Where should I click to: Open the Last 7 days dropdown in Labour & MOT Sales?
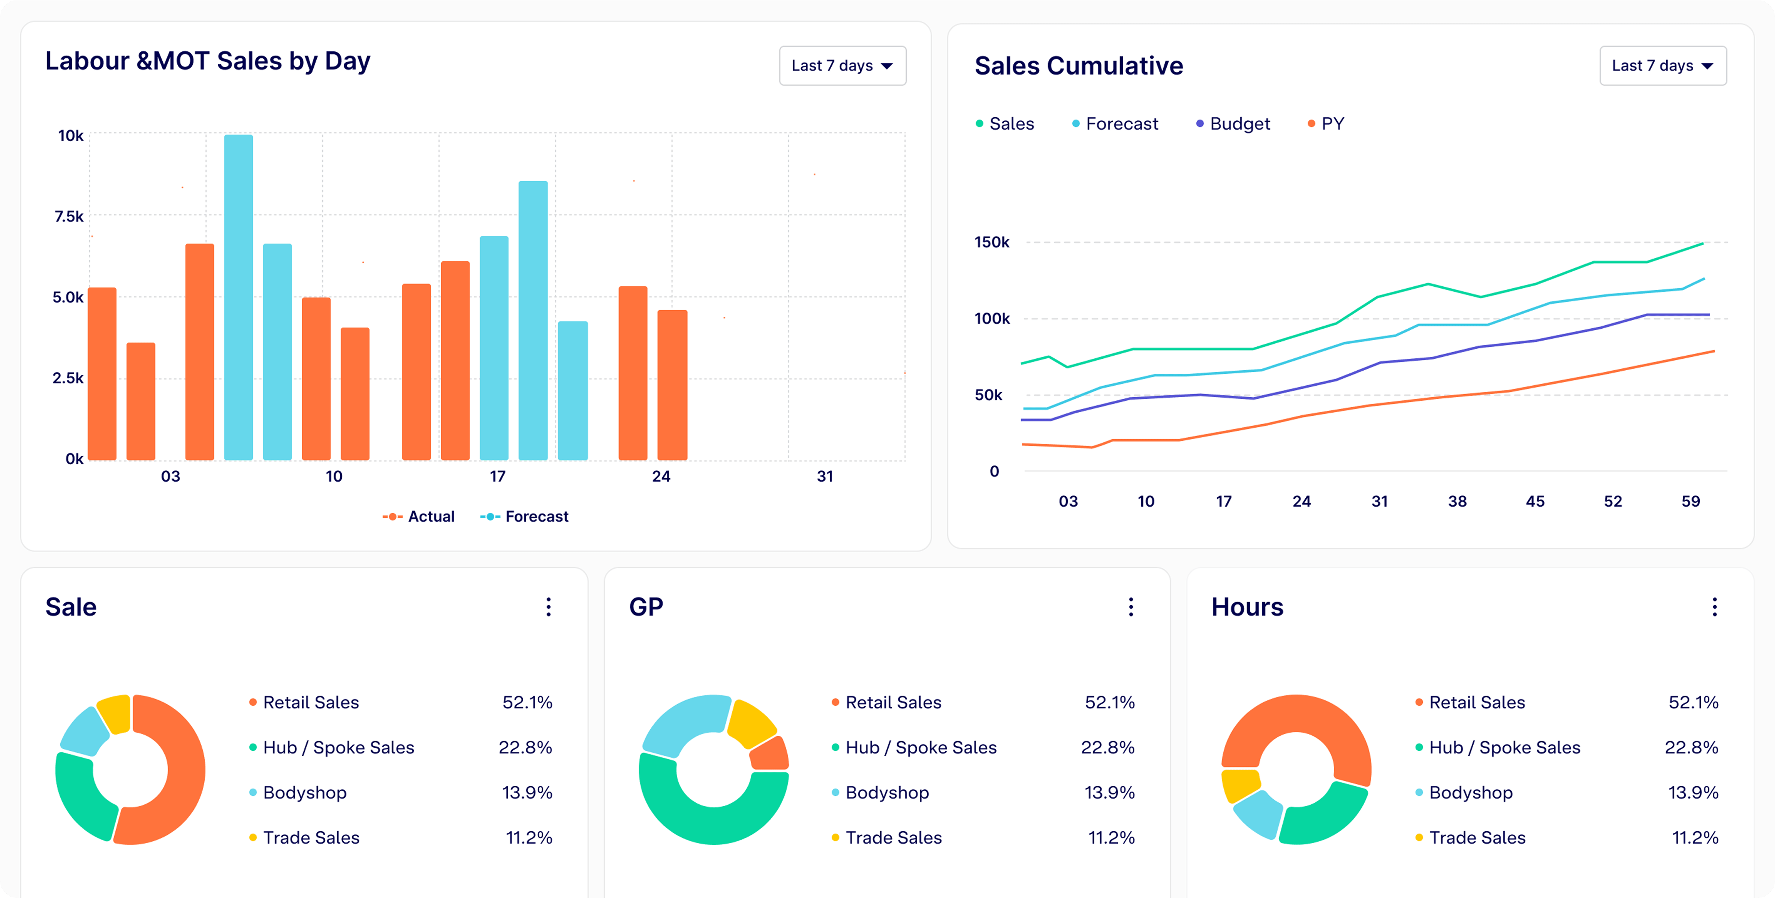pos(842,66)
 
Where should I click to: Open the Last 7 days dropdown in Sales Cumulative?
pos(1662,66)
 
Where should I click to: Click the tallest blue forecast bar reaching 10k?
pos(238,296)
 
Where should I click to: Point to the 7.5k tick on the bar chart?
pos(69,216)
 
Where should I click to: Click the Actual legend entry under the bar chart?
pos(419,516)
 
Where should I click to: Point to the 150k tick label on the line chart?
pos(992,242)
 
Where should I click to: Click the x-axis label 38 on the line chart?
pos(1457,501)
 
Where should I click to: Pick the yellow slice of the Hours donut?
pos(1239,786)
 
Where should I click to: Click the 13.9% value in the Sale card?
pos(527,793)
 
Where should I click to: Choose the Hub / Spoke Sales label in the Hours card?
pos(1504,748)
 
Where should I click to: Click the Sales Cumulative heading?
pos(1078,66)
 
